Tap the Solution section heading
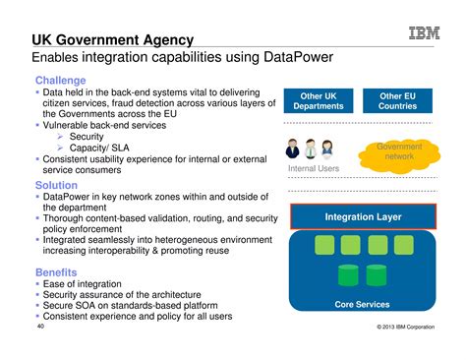[57, 185]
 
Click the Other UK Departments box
[318, 101]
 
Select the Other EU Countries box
[398, 101]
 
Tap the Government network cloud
[399, 151]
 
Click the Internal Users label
[314, 169]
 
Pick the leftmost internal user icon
[293, 150]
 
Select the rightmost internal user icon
[327, 150]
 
